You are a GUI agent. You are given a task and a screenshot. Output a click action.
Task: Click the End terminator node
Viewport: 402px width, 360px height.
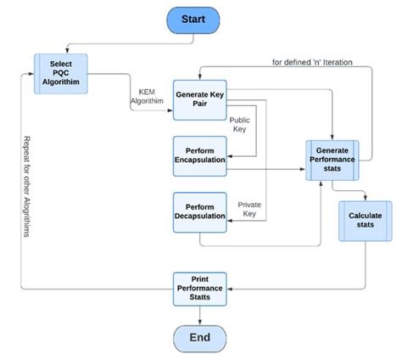tap(200, 337)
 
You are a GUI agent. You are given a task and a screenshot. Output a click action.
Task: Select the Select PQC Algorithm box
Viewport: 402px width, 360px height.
tap(60, 73)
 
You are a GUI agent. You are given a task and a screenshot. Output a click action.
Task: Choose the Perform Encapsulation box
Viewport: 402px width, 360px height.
tap(200, 156)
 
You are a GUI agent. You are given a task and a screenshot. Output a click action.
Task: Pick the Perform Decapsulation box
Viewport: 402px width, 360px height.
tap(200, 211)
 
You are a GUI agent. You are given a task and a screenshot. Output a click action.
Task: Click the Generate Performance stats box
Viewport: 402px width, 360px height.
tap(332, 159)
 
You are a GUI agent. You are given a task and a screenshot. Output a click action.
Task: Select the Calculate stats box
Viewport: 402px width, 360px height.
tap(366, 221)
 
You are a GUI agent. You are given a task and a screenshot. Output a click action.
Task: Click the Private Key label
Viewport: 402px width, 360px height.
tap(248, 209)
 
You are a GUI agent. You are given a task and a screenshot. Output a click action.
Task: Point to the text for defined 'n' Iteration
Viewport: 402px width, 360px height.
tap(311, 62)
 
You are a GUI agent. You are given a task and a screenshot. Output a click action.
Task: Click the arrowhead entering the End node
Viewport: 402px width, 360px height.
tap(200, 321)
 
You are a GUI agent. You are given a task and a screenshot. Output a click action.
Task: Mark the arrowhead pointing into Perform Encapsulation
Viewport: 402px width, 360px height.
tap(232, 155)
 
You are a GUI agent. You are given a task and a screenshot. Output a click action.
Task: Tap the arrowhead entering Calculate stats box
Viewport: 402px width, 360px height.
tap(366, 198)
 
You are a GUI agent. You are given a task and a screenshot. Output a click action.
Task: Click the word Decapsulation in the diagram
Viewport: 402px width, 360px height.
tap(200, 217)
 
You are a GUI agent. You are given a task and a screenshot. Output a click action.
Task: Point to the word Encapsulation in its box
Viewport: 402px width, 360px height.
tap(200, 162)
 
